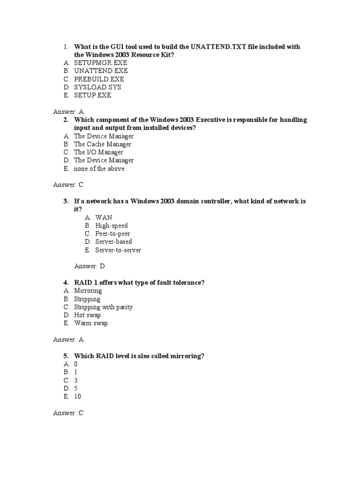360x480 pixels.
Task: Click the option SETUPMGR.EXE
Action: coord(100,63)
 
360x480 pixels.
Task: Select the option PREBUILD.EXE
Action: coord(99,79)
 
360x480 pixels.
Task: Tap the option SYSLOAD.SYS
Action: coord(97,87)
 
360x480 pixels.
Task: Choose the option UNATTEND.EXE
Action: coord(101,71)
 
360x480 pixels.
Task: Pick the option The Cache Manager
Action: coord(103,144)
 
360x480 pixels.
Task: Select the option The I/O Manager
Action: coord(98,152)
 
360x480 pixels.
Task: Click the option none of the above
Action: coord(99,169)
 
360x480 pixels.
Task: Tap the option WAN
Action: coord(104,217)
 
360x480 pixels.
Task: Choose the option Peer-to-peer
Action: coord(112,234)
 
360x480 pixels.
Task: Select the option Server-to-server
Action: coord(118,250)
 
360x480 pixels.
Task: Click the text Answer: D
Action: coord(90,266)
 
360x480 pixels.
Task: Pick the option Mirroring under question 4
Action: coord(88,291)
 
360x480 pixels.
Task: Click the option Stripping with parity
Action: coord(103,307)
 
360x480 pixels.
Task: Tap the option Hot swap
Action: coord(87,315)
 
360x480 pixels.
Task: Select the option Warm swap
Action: coord(90,323)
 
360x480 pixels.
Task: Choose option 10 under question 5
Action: coord(77,397)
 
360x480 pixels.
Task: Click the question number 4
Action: coord(66,283)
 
